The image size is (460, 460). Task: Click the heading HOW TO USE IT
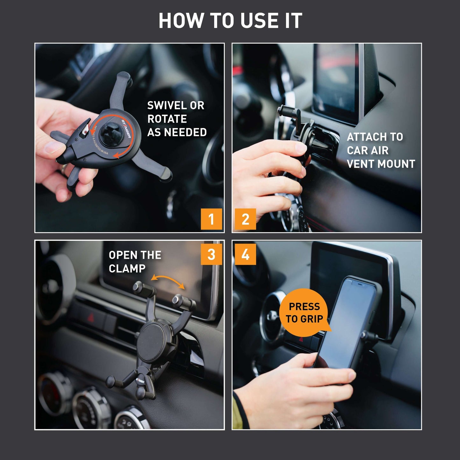click(230, 21)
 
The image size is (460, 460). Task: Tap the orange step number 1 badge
click(211, 219)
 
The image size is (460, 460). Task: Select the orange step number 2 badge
click(245, 219)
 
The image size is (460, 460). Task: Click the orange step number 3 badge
click(211, 254)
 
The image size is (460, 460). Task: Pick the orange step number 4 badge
click(245, 254)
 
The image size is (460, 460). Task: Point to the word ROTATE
click(167, 119)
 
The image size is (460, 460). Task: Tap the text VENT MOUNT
click(381, 164)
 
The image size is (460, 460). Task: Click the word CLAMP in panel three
click(127, 269)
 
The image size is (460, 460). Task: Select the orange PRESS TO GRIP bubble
click(304, 312)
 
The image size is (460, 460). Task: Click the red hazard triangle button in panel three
click(91, 317)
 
